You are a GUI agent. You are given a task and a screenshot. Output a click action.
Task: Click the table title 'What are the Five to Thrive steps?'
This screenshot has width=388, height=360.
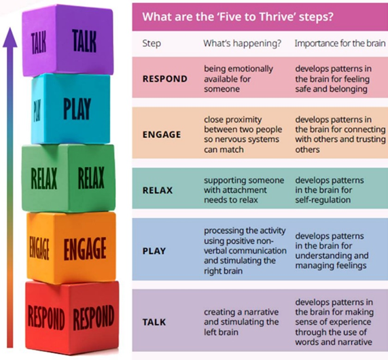pyautogui.click(x=238, y=17)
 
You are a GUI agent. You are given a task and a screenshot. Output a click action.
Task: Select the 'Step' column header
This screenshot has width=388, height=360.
pyautogui.click(x=152, y=43)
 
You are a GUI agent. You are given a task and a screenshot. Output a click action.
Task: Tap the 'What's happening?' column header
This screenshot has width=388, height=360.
pyautogui.click(x=243, y=43)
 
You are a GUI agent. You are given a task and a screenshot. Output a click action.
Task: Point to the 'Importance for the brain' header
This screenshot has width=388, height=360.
pyautogui.click(x=340, y=43)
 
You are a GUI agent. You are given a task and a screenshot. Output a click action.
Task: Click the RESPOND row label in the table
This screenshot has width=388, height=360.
pyautogui.click(x=165, y=79)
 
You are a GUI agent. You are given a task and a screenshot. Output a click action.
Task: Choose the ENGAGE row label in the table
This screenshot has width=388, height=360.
pyautogui.click(x=162, y=134)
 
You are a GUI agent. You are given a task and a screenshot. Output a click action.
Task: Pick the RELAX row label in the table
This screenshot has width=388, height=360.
pyautogui.click(x=158, y=190)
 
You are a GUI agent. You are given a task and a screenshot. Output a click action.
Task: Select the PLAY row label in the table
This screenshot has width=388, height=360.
pyautogui.click(x=154, y=251)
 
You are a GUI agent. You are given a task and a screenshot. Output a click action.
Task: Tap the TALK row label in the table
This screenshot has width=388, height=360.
pyautogui.click(x=154, y=322)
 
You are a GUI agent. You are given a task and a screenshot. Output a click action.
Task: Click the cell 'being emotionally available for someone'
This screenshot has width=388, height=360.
pyautogui.click(x=239, y=79)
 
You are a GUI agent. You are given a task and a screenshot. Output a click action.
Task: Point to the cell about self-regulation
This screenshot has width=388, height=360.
pyautogui.click(x=330, y=190)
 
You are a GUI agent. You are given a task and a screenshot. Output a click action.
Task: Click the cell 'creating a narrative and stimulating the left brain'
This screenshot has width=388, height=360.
pyautogui.click(x=241, y=322)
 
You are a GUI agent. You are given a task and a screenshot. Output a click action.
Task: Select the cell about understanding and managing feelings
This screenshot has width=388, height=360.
pyautogui.click(x=332, y=251)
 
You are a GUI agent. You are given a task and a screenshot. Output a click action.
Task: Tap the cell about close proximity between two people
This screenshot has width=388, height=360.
pyautogui.click(x=243, y=134)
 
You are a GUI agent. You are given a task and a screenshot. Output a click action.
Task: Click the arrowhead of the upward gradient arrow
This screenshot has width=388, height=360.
pyautogui.click(x=10, y=37)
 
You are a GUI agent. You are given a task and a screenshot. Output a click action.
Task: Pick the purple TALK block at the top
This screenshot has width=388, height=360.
pyautogui.click(x=68, y=41)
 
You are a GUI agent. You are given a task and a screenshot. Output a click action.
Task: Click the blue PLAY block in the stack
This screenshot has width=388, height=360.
pyautogui.click(x=71, y=109)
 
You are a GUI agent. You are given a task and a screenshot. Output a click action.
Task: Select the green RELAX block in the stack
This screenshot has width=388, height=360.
pyautogui.click(x=69, y=178)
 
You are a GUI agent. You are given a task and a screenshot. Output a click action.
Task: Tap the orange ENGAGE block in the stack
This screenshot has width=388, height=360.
pyautogui.click(x=71, y=247)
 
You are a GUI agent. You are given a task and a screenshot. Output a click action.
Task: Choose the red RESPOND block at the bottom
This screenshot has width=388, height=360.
pyautogui.click(x=72, y=317)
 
